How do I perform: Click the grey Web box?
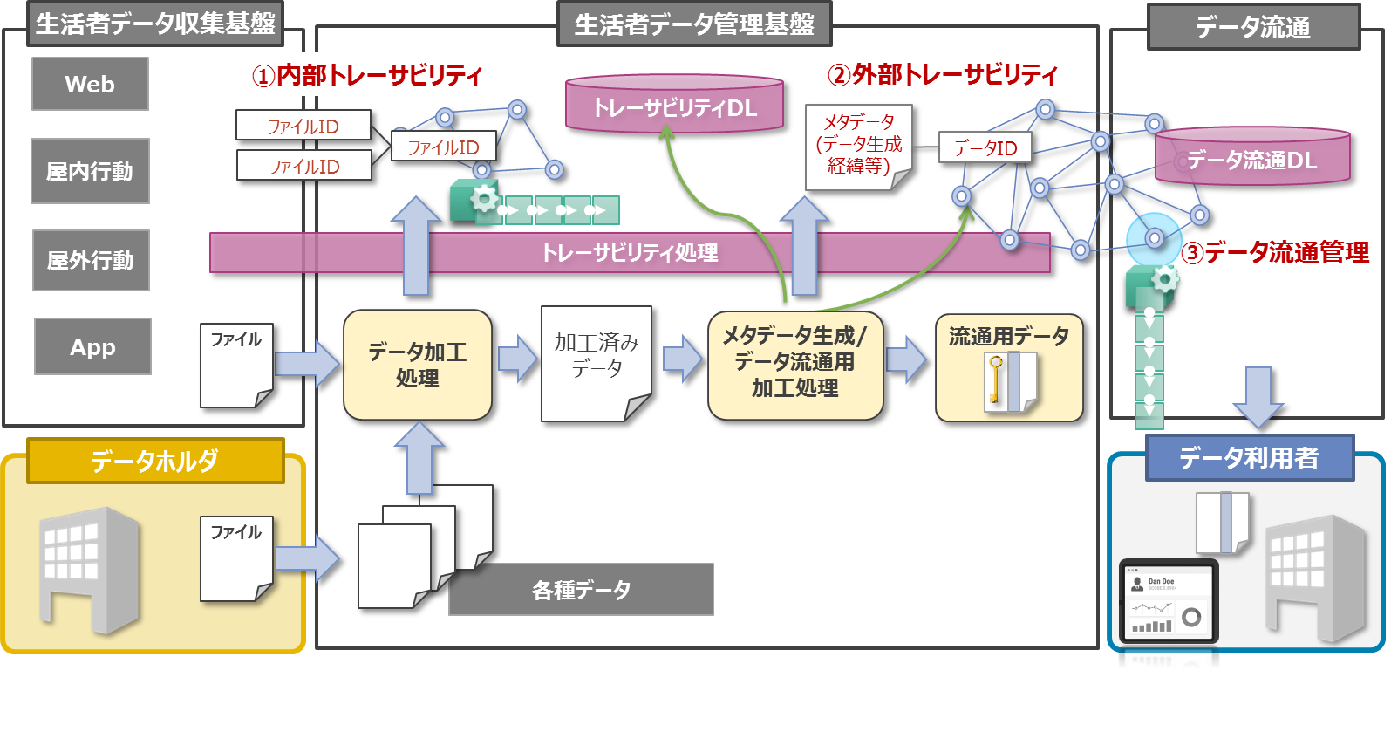(x=90, y=84)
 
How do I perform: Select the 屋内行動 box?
(x=90, y=171)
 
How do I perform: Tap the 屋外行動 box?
(x=91, y=260)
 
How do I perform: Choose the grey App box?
(x=92, y=346)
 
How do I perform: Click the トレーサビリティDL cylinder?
(x=674, y=106)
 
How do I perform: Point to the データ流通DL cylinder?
(x=1252, y=159)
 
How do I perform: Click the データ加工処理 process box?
(x=418, y=365)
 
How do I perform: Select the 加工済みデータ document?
(x=597, y=361)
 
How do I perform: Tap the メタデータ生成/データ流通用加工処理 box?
(x=795, y=365)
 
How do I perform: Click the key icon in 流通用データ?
(x=995, y=380)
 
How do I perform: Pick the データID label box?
(x=985, y=148)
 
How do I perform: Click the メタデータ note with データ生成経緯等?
(x=858, y=145)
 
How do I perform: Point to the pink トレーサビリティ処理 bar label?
(x=630, y=252)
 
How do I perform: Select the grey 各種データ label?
(x=581, y=590)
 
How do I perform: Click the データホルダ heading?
(x=155, y=460)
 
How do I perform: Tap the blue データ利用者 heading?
(x=1249, y=457)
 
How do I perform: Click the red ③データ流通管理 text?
(x=1275, y=253)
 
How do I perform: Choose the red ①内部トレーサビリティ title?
(x=366, y=76)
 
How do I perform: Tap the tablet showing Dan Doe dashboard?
(x=1168, y=602)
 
